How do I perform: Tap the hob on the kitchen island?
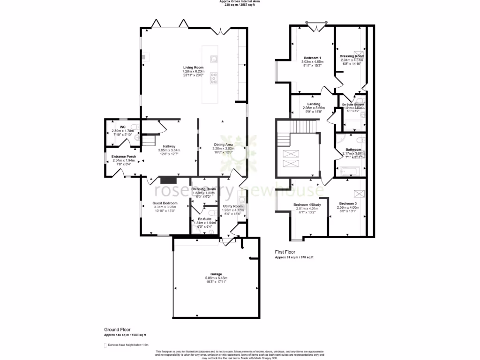pos(213,78)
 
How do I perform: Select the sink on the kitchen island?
pos(214,59)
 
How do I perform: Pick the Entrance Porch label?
pos(124,157)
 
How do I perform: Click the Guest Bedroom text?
pos(164,203)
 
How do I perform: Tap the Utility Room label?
pos(232,206)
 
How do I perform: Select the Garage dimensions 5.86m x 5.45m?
pos(216,278)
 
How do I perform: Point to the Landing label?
pos(314,104)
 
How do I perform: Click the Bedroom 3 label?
pos(348,203)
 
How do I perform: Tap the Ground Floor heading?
pos(117,330)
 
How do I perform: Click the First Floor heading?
pos(285,252)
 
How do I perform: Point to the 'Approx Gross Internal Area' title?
pos(240,1)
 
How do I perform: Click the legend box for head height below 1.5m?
pos(105,345)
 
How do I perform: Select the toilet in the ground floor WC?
pos(134,126)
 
